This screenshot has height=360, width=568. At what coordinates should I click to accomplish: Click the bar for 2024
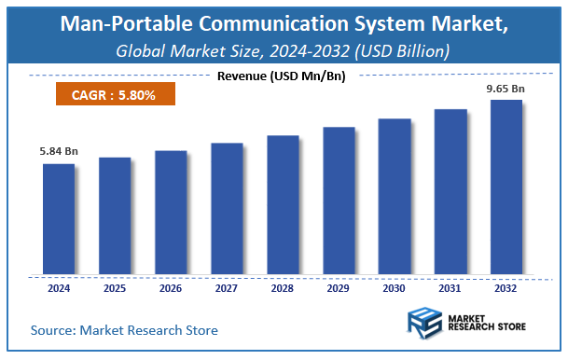[58, 219]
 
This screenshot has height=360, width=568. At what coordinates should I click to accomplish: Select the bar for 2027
[226, 209]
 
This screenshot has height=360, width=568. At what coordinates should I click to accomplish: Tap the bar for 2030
[394, 197]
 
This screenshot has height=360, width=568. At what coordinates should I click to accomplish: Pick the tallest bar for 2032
[506, 187]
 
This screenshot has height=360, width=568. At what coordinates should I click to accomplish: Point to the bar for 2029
[338, 201]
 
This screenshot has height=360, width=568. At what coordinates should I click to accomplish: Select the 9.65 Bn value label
[506, 90]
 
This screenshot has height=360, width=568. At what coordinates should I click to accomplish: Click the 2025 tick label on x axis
[114, 289]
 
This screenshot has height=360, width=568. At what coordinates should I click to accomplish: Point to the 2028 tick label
[282, 289]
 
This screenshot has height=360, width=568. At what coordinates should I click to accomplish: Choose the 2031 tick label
[450, 289]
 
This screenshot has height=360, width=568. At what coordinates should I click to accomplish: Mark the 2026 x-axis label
[170, 289]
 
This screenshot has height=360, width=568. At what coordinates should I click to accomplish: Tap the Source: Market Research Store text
[124, 329]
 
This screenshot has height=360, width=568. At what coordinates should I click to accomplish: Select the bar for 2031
[450, 192]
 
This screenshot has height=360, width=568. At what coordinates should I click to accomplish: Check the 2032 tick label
[506, 289]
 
